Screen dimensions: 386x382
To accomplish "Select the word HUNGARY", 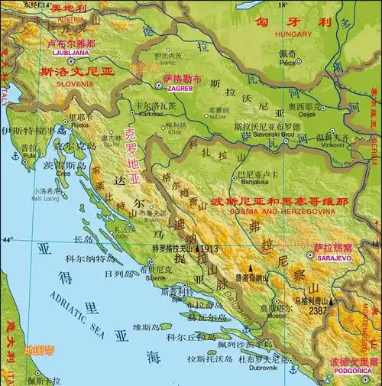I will (293, 34).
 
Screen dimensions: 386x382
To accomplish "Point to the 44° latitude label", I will (9, 240).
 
